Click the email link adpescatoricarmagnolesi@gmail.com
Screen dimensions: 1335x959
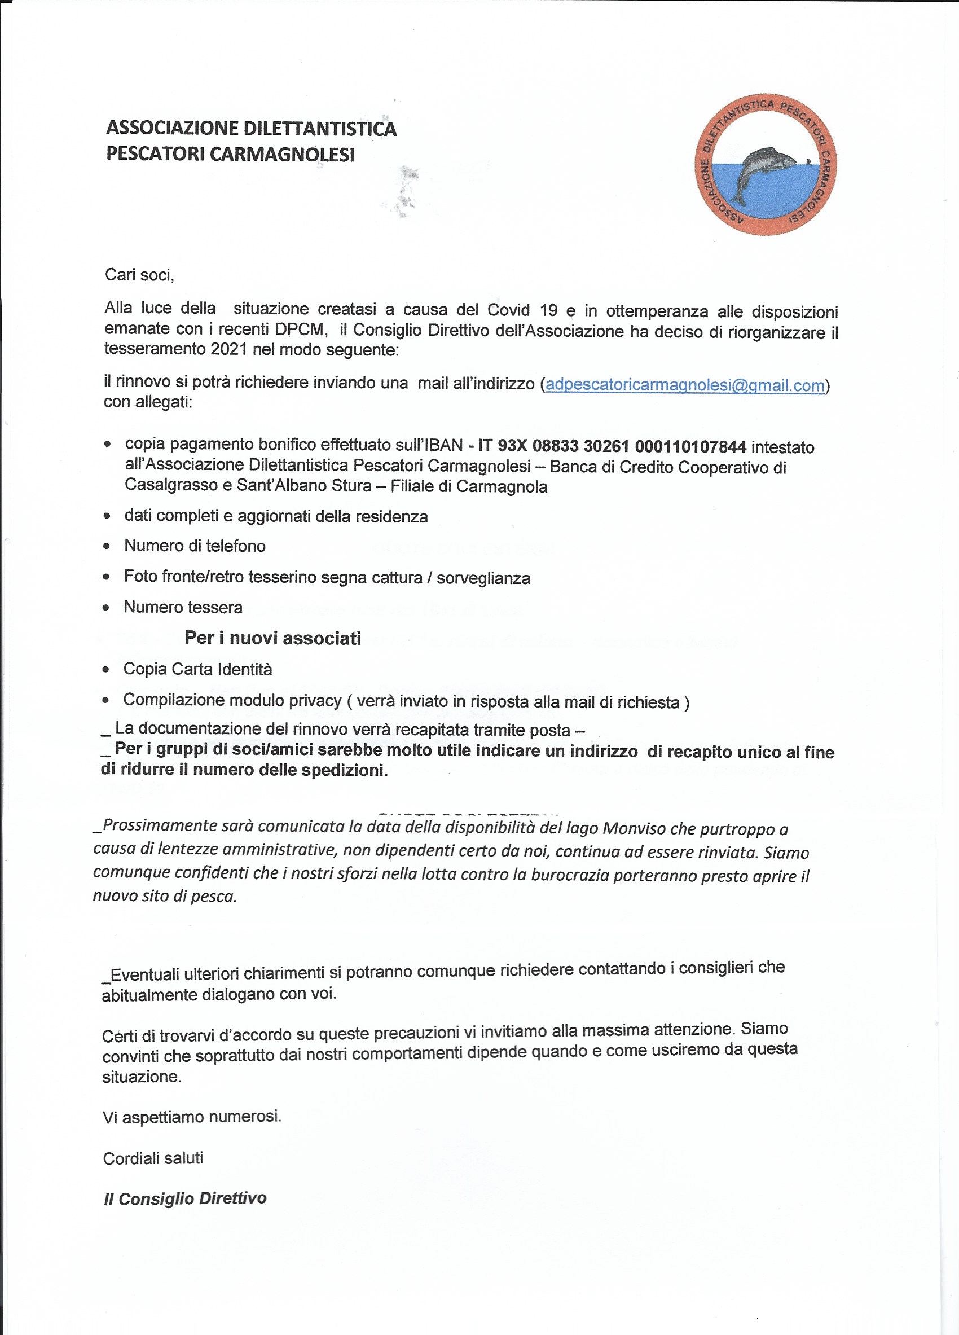pos(685,385)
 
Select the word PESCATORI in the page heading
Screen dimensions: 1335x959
pos(155,154)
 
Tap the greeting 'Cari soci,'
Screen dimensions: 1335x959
pos(139,275)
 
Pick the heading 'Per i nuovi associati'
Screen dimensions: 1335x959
pos(272,638)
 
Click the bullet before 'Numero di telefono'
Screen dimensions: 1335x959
pos(107,546)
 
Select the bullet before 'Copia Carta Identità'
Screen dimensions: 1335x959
pos(106,669)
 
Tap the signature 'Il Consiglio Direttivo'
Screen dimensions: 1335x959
pos(184,1198)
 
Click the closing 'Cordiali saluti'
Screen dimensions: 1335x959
pos(153,1158)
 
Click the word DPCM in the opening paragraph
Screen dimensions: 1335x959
pos(300,329)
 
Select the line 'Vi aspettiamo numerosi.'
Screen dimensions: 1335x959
pos(192,1117)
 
